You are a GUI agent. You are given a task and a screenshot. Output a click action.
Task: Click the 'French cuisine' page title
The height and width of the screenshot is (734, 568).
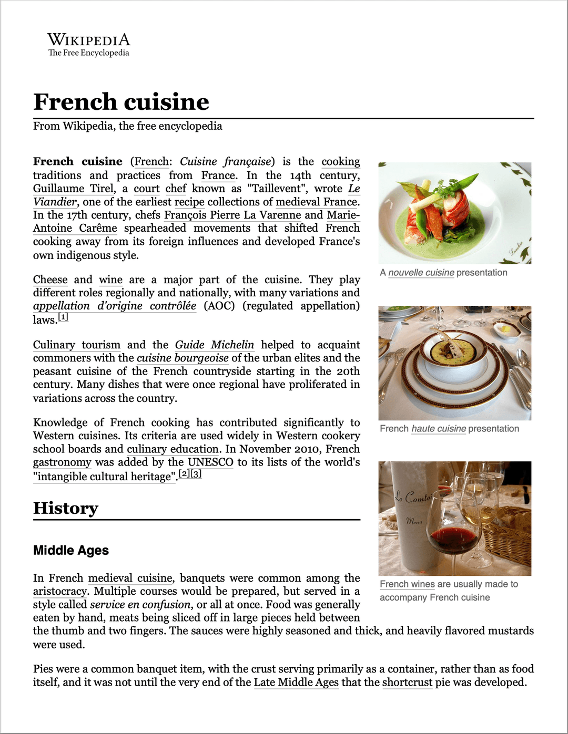pyautogui.click(x=121, y=102)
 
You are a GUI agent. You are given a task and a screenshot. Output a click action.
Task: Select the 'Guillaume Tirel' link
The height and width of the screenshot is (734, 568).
pyautogui.click(x=74, y=189)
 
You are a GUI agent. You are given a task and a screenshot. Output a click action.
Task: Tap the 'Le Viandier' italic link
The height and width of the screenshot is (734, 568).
pyautogui.click(x=55, y=202)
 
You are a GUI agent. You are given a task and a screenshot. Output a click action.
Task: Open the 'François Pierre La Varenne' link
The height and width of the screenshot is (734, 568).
pyautogui.click(x=232, y=215)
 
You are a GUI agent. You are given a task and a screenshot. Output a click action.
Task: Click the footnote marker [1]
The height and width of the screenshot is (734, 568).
pyautogui.click(x=63, y=317)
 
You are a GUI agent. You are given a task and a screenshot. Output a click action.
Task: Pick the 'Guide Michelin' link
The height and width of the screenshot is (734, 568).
pyautogui.click(x=215, y=345)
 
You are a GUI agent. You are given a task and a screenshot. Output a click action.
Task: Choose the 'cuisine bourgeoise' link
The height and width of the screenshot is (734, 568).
pyautogui.click(x=182, y=358)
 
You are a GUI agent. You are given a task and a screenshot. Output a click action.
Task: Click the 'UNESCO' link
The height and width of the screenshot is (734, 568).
pyautogui.click(x=210, y=462)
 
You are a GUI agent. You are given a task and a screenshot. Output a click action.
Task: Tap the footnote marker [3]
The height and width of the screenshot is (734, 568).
pyautogui.click(x=196, y=473)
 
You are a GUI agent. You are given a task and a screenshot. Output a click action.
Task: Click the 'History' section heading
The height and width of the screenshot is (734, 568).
pyautogui.click(x=66, y=508)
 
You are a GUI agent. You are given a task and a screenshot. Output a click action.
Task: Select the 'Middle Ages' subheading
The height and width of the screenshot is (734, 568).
pyautogui.click(x=71, y=550)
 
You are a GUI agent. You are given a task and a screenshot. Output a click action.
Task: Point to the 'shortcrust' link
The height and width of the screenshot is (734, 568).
pyautogui.click(x=407, y=683)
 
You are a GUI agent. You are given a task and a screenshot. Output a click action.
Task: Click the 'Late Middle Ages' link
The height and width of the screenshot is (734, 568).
pyautogui.click(x=296, y=683)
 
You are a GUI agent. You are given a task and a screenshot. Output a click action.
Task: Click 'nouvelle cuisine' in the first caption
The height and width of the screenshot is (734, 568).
pyautogui.click(x=421, y=273)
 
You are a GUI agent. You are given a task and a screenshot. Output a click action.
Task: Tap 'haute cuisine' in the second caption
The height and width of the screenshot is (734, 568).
pyautogui.click(x=439, y=429)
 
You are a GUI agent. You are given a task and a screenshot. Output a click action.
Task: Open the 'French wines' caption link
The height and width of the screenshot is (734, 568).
pyautogui.click(x=407, y=584)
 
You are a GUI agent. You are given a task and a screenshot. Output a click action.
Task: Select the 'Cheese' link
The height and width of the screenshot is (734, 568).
pyautogui.click(x=50, y=280)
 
